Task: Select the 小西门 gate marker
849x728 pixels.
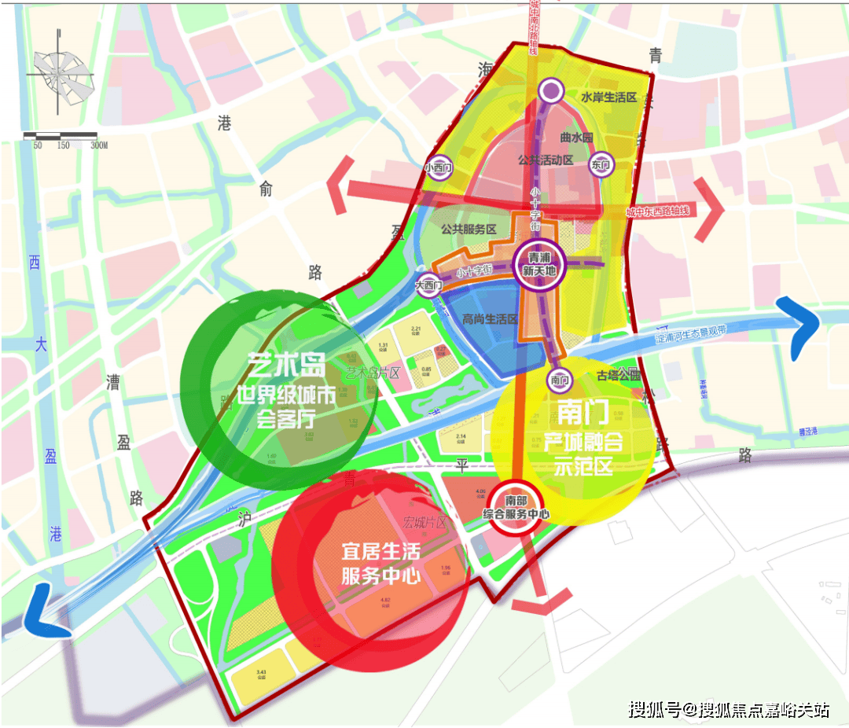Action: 438,167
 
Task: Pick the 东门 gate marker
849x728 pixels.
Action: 601,165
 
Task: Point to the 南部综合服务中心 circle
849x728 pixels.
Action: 516,507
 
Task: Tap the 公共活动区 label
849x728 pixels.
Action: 546,160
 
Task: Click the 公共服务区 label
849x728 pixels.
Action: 469,229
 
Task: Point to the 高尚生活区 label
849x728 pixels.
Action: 490,319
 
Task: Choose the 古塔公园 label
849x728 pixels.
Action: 619,375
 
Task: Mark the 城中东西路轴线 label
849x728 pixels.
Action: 657,211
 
